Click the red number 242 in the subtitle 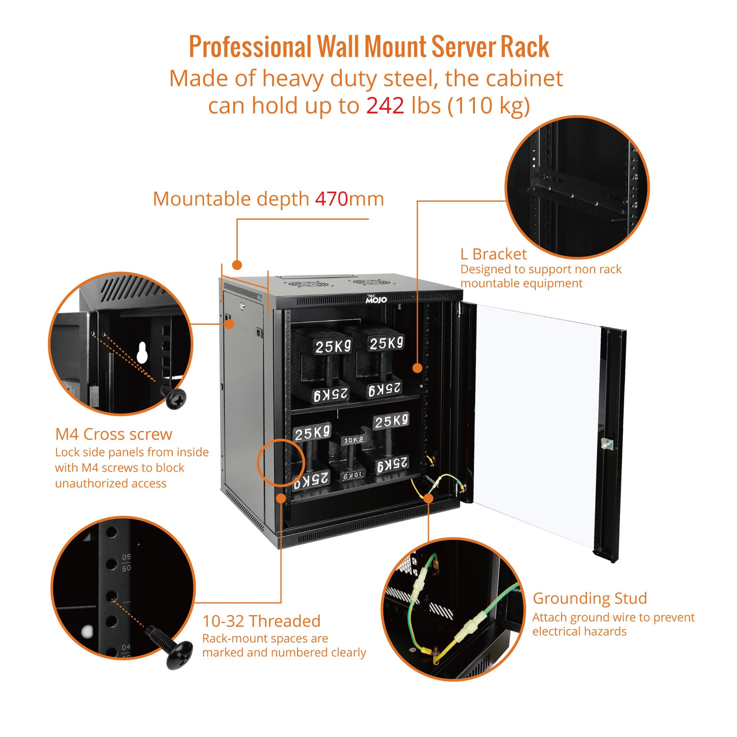385,106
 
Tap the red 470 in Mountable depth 331,199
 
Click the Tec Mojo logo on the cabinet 376,299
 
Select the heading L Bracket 493,254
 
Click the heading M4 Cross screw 113,434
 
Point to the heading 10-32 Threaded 261,621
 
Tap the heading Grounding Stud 590,598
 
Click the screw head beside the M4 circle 175,398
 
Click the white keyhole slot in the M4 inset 142,352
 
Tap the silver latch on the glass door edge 607,444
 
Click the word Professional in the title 251,47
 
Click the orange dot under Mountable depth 237,265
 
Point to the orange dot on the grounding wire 428,498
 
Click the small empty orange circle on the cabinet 280,462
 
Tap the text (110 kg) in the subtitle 489,106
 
